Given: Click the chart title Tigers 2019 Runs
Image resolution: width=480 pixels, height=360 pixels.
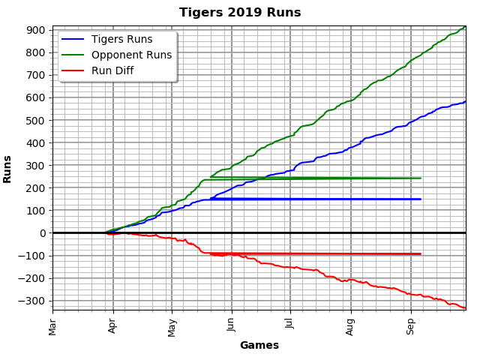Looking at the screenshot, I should (240, 13).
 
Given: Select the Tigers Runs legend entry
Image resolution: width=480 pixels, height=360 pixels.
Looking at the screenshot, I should (121, 40).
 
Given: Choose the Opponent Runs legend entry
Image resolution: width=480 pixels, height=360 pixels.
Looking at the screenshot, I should (131, 55).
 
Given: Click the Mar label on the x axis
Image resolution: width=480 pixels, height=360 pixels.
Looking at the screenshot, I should (52, 327).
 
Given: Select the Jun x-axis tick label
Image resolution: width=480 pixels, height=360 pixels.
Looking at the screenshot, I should (231, 327).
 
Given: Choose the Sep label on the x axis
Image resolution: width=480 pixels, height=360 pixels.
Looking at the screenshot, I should (410, 327).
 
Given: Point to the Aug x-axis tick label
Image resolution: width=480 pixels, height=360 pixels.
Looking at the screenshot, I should (351, 327).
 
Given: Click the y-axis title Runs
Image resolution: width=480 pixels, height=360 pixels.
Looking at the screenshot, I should (8, 169).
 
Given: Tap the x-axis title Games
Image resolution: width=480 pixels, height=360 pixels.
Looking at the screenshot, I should (259, 346).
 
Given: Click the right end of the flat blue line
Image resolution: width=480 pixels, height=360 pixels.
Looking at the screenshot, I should (420, 199).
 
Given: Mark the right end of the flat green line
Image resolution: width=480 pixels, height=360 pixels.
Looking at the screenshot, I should (420, 178).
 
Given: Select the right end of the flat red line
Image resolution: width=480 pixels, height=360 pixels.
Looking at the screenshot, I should (420, 253).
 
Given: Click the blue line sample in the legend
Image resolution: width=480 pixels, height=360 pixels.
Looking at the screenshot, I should (73, 40).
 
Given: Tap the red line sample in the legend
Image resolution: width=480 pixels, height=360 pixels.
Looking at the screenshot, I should (73, 70).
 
